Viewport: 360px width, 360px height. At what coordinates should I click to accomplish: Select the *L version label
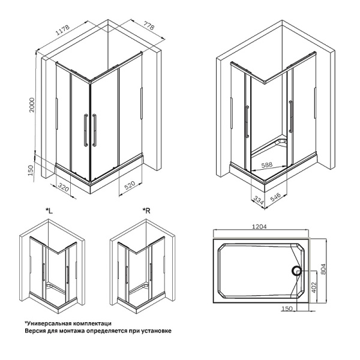coord(49,210)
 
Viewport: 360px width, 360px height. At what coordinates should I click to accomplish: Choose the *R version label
coord(146,210)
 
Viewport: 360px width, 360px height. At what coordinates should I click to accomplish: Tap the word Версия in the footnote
coord(36,331)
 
